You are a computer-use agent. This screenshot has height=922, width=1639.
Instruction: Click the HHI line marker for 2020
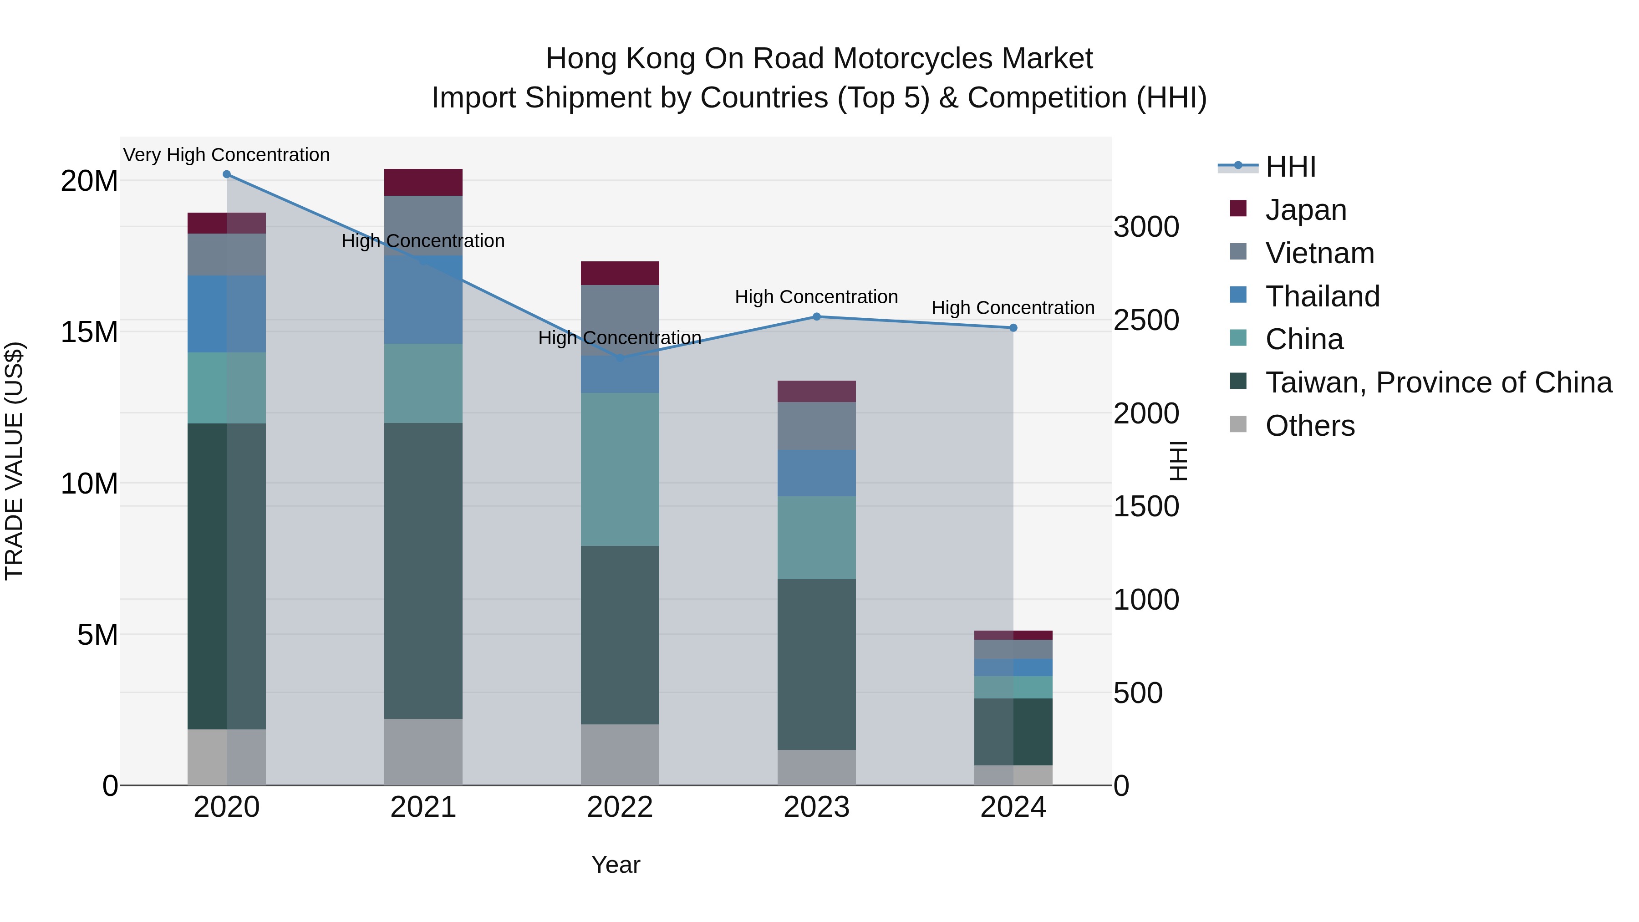click(x=227, y=174)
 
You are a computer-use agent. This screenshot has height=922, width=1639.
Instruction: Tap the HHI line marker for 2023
click(x=816, y=316)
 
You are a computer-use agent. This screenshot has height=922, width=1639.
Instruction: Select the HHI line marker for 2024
click(x=1013, y=328)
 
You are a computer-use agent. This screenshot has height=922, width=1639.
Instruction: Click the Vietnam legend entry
click(x=1319, y=253)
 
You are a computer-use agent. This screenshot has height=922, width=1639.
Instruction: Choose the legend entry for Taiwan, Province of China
click(x=1438, y=382)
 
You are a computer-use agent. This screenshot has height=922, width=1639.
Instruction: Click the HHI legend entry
click(x=1290, y=167)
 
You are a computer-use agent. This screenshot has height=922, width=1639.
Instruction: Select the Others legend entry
click(x=1309, y=426)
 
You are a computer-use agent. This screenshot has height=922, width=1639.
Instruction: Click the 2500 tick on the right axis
click(x=1146, y=320)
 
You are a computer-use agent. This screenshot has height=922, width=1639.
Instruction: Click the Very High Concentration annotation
click(x=227, y=155)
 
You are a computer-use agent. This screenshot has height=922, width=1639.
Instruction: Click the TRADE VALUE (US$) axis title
click(x=14, y=461)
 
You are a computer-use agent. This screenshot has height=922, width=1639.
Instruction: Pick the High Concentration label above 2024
click(x=1013, y=307)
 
